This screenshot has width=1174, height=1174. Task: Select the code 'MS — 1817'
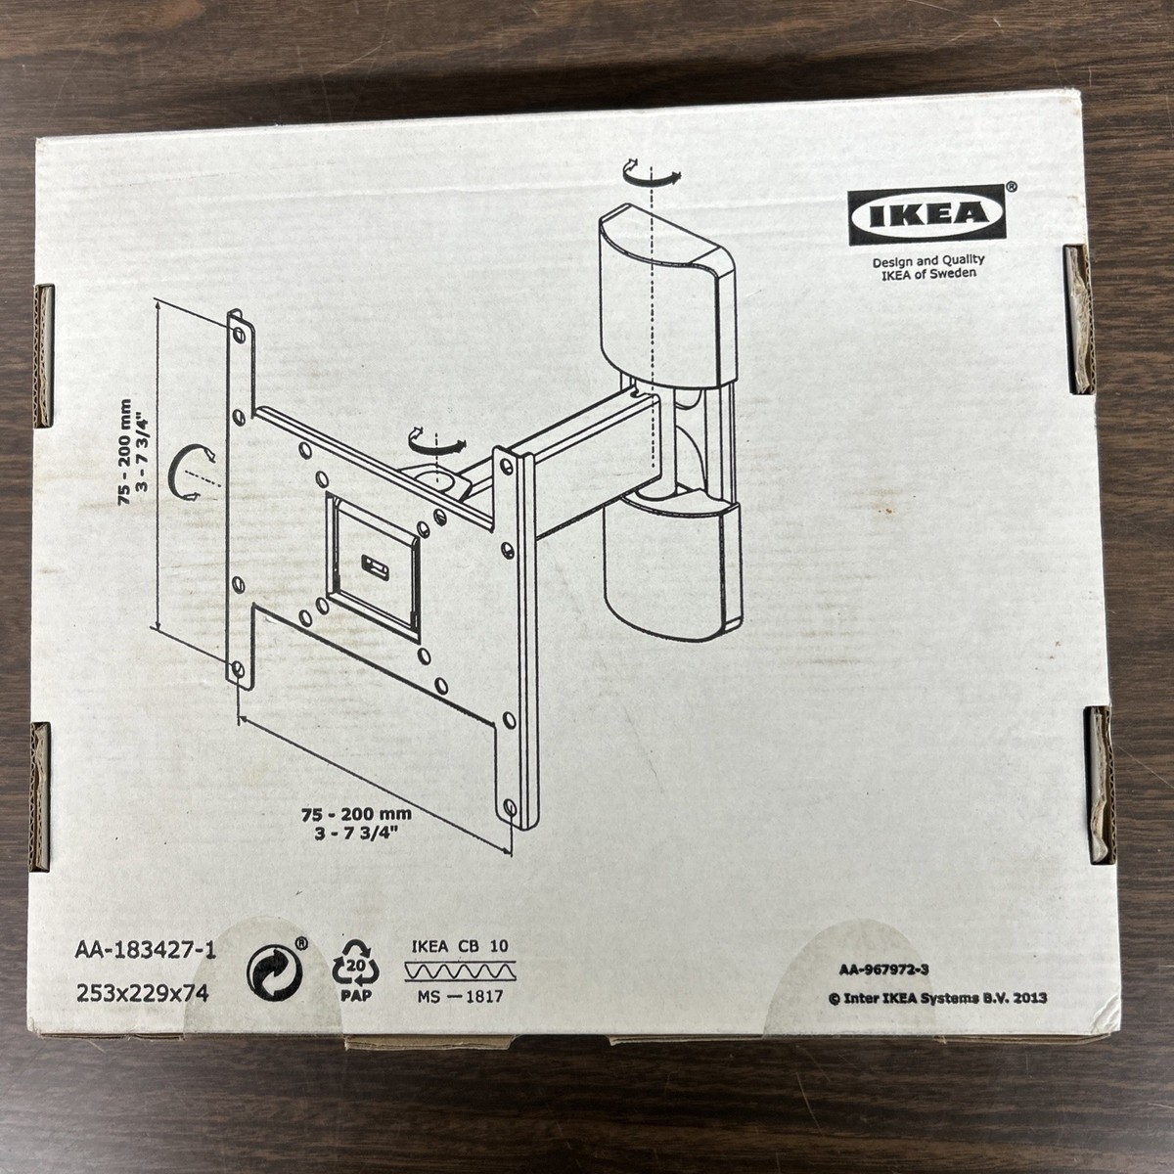[x=457, y=998]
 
